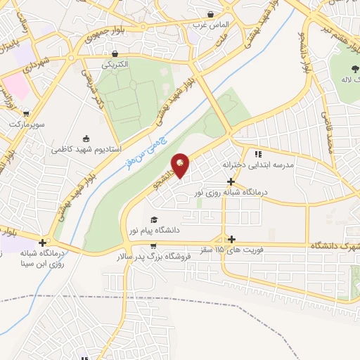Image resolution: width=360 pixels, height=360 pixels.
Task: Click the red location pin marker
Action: click(x=181, y=165)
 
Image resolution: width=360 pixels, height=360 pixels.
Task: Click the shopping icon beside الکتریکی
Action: click(x=115, y=54)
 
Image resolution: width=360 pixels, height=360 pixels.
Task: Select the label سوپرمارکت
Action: click(x=27, y=124)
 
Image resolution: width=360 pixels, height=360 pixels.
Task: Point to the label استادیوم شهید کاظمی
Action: click(x=86, y=149)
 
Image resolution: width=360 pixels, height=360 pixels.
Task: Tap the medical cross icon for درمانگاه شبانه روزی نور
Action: click(x=231, y=181)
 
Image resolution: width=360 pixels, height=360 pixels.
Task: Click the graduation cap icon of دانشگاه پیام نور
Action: click(x=154, y=219)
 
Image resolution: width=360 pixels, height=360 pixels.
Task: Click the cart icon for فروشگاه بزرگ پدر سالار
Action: click(x=153, y=246)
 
